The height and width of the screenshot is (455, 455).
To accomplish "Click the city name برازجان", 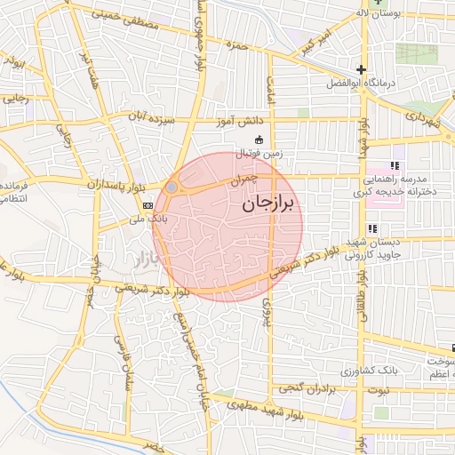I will [271, 204].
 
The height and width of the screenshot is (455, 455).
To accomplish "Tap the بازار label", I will [143, 259].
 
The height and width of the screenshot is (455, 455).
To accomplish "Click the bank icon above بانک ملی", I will [146, 204].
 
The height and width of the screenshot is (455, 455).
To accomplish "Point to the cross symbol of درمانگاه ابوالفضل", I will [361, 69].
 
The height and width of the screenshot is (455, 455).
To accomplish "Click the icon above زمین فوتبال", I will [259, 139].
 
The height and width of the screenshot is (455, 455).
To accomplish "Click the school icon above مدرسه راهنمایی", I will [395, 166].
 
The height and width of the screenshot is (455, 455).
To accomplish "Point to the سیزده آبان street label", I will [154, 117].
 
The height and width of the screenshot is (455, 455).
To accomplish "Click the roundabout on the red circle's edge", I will [172, 188].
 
